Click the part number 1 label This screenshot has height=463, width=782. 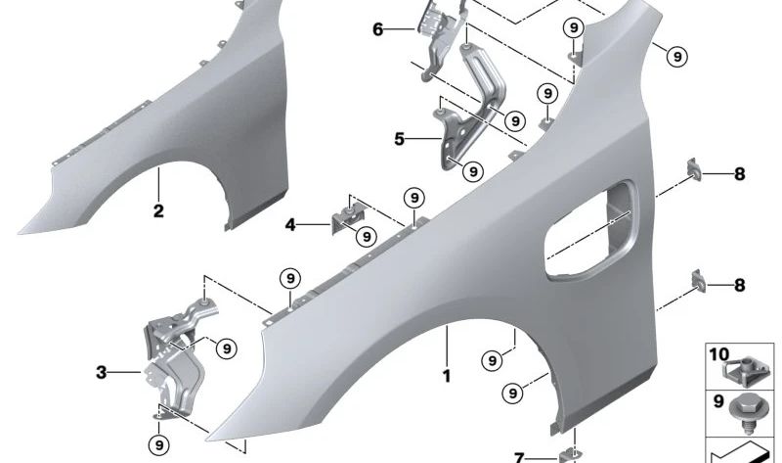pos(447,376)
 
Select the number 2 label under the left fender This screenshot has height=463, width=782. pos(158,210)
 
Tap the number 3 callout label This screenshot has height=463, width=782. pos(102,372)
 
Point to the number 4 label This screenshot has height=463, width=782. pos(290,225)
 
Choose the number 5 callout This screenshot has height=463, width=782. pos(399,139)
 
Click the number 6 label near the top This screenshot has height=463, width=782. pos(378,29)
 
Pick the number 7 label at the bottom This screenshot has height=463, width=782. pos(519,457)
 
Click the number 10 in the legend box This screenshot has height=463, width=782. pos(718,354)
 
